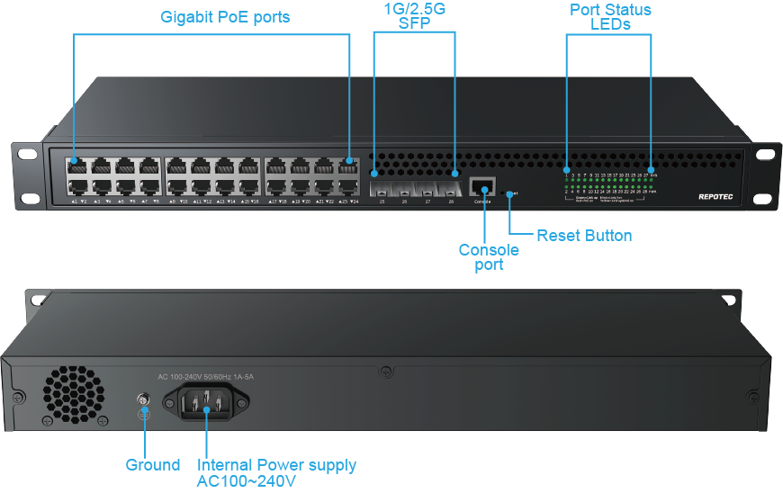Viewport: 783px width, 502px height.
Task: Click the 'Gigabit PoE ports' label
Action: tap(225, 17)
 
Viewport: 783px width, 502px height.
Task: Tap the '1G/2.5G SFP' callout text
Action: tap(414, 16)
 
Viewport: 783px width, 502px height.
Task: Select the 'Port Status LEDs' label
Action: tap(611, 16)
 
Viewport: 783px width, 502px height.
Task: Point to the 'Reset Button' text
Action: tap(584, 236)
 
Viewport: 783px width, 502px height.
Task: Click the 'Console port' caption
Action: tap(489, 256)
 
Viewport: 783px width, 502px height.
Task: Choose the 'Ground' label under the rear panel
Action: tap(153, 465)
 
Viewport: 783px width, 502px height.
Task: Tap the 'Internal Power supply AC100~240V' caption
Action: tap(276, 472)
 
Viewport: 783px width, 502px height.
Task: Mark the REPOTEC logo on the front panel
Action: tap(716, 195)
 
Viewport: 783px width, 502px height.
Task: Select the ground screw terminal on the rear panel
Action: tap(142, 399)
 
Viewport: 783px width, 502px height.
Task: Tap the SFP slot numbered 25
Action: tap(382, 189)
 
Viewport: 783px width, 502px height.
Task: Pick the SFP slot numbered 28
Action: tap(452, 189)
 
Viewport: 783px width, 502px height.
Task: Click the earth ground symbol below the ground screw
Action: tap(142, 415)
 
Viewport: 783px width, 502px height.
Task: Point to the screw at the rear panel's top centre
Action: tap(386, 370)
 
